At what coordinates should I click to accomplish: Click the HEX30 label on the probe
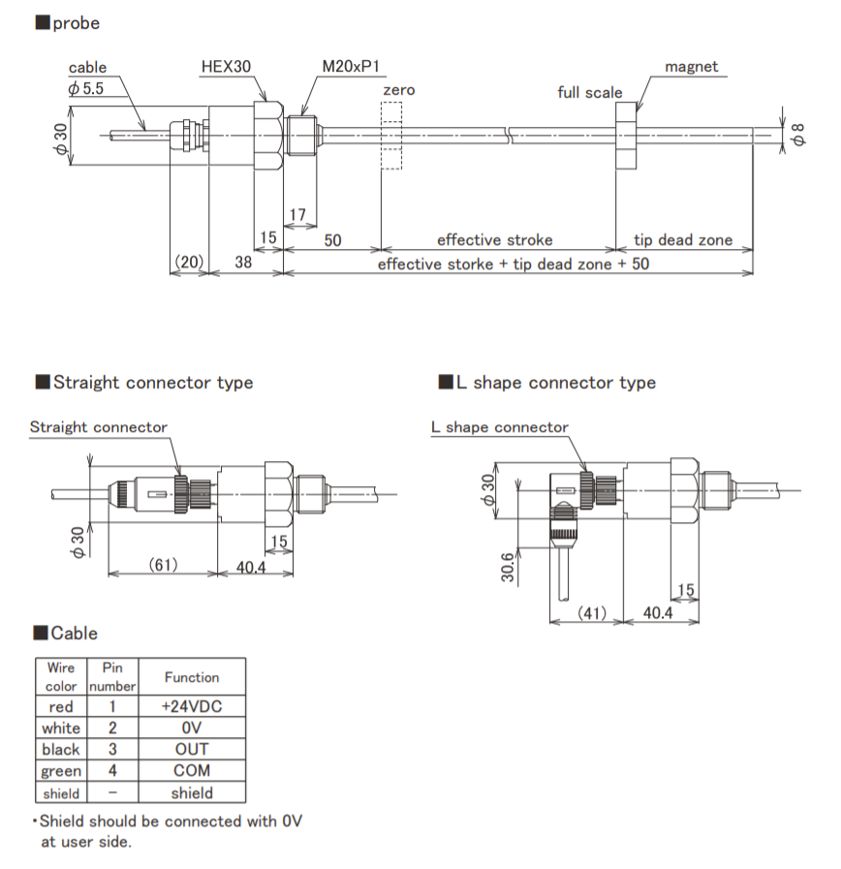click(x=226, y=67)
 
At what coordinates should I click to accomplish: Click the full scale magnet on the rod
click(x=627, y=135)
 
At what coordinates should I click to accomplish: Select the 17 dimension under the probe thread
click(x=297, y=213)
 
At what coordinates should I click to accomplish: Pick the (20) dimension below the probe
click(x=189, y=263)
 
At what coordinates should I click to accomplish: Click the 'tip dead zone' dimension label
click(x=683, y=239)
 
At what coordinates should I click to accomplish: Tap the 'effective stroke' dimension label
click(x=494, y=239)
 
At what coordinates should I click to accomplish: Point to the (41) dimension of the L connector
click(x=591, y=613)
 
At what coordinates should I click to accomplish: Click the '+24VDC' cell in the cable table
click(x=192, y=706)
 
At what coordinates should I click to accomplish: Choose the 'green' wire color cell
click(x=61, y=771)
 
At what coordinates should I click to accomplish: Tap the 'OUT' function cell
click(x=192, y=749)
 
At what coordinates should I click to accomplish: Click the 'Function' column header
click(x=192, y=677)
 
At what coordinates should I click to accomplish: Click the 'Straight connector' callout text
click(x=98, y=426)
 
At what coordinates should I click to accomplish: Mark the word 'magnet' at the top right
click(x=692, y=67)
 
